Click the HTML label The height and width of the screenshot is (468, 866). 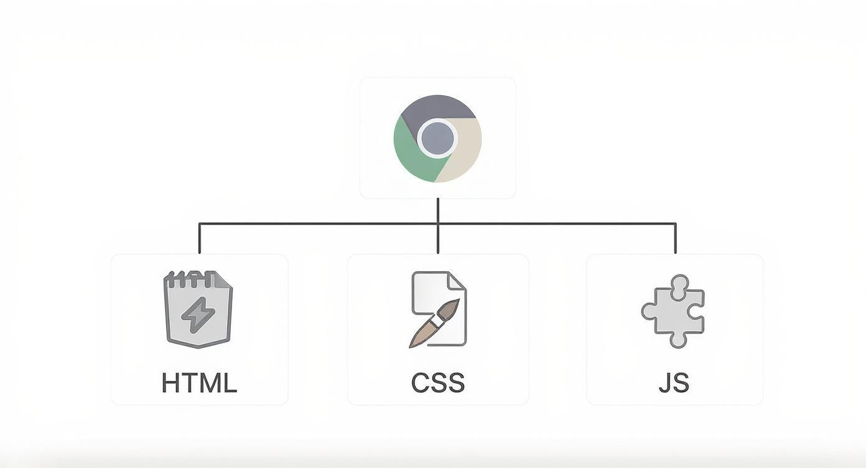point(199,382)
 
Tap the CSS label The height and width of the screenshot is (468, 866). point(438,382)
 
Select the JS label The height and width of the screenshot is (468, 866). point(674,382)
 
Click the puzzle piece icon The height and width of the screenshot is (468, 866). point(674,311)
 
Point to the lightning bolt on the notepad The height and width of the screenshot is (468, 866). point(198,314)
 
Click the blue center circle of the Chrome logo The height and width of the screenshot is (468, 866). point(437,138)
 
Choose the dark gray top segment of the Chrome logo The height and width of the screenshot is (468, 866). point(437,107)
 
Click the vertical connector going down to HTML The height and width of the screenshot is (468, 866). point(199,238)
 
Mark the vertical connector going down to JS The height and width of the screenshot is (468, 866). point(675,238)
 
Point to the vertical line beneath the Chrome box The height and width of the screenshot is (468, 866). point(438,210)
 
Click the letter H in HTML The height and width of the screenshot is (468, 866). point(170,382)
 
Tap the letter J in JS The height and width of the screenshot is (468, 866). point(665,382)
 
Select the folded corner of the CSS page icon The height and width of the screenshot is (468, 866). point(457,281)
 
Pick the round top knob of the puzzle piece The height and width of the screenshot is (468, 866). point(679,283)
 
